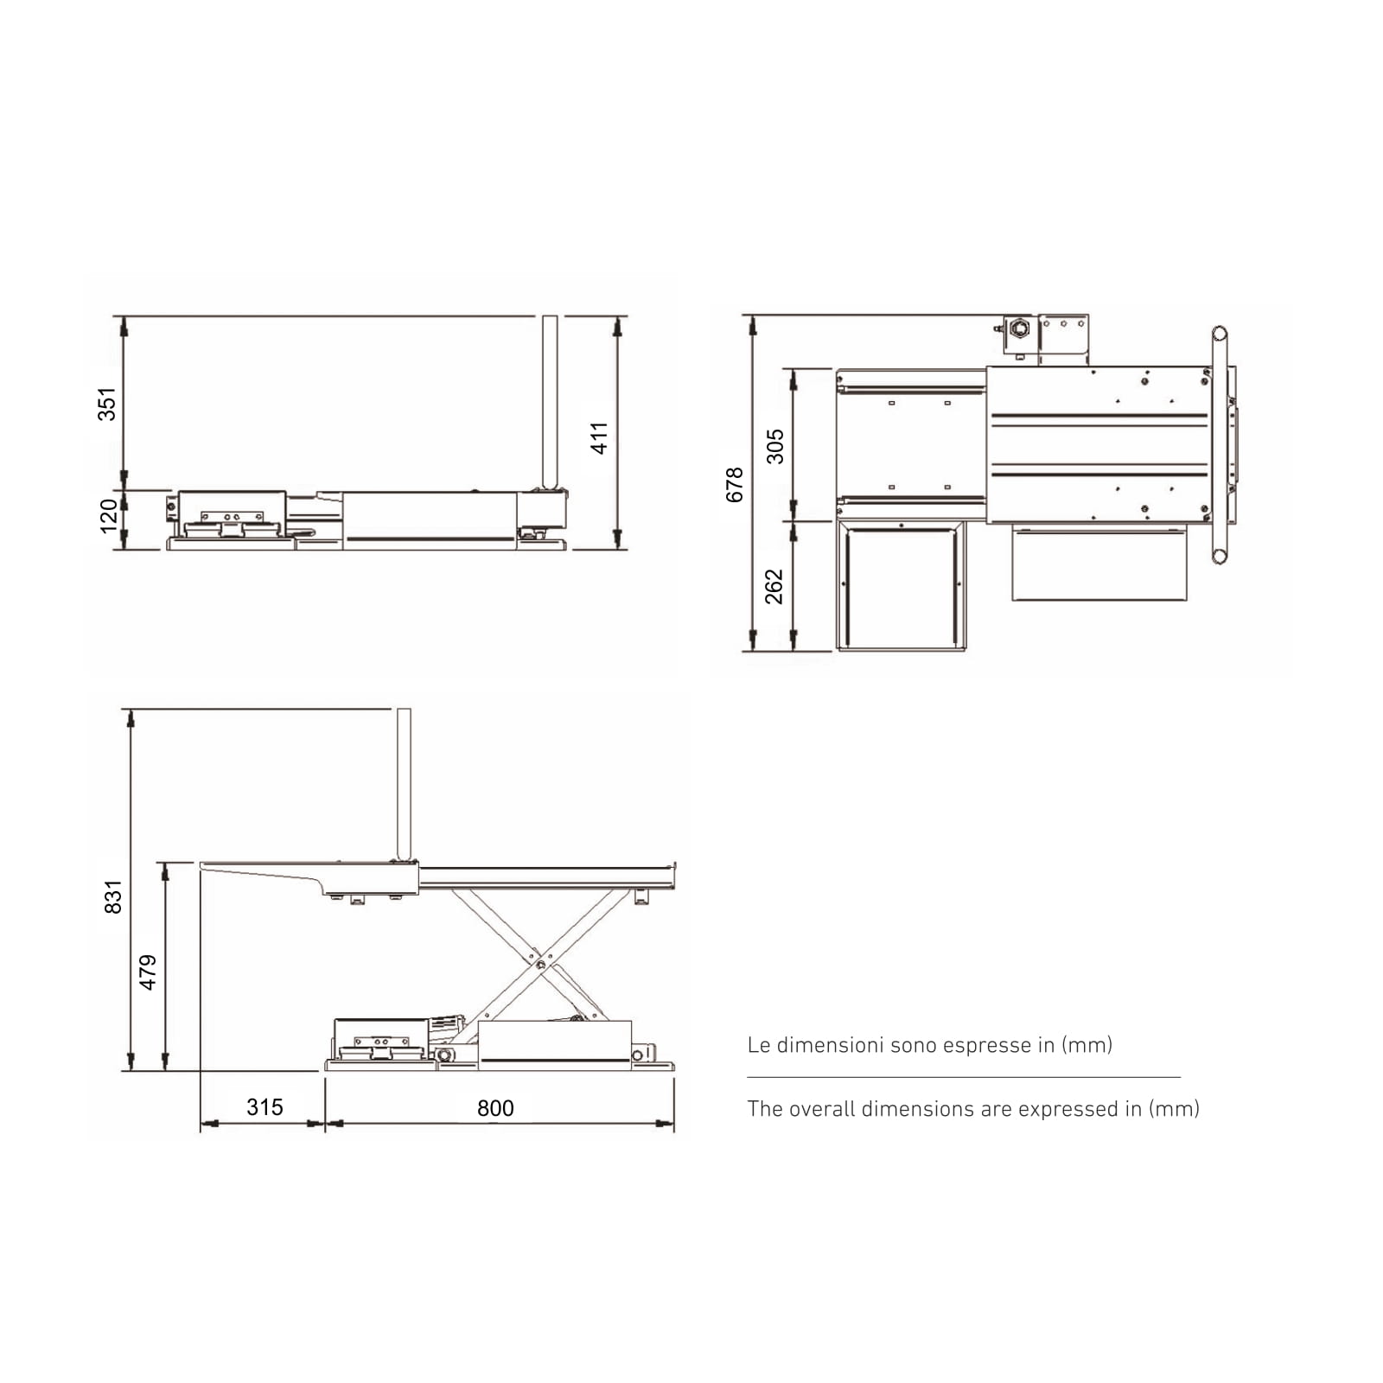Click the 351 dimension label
click(x=106, y=405)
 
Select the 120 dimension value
click(x=109, y=516)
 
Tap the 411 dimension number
click(x=599, y=438)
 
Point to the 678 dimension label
click(x=735, y=485)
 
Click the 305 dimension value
click(x=775, y=447)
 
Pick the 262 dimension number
click(x=774, y=587)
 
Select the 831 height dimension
click(x=113, y=897)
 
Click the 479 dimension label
click(x=149, y=972)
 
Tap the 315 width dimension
click(x=264, y=1107)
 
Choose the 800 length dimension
click(x=495, y=1108)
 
